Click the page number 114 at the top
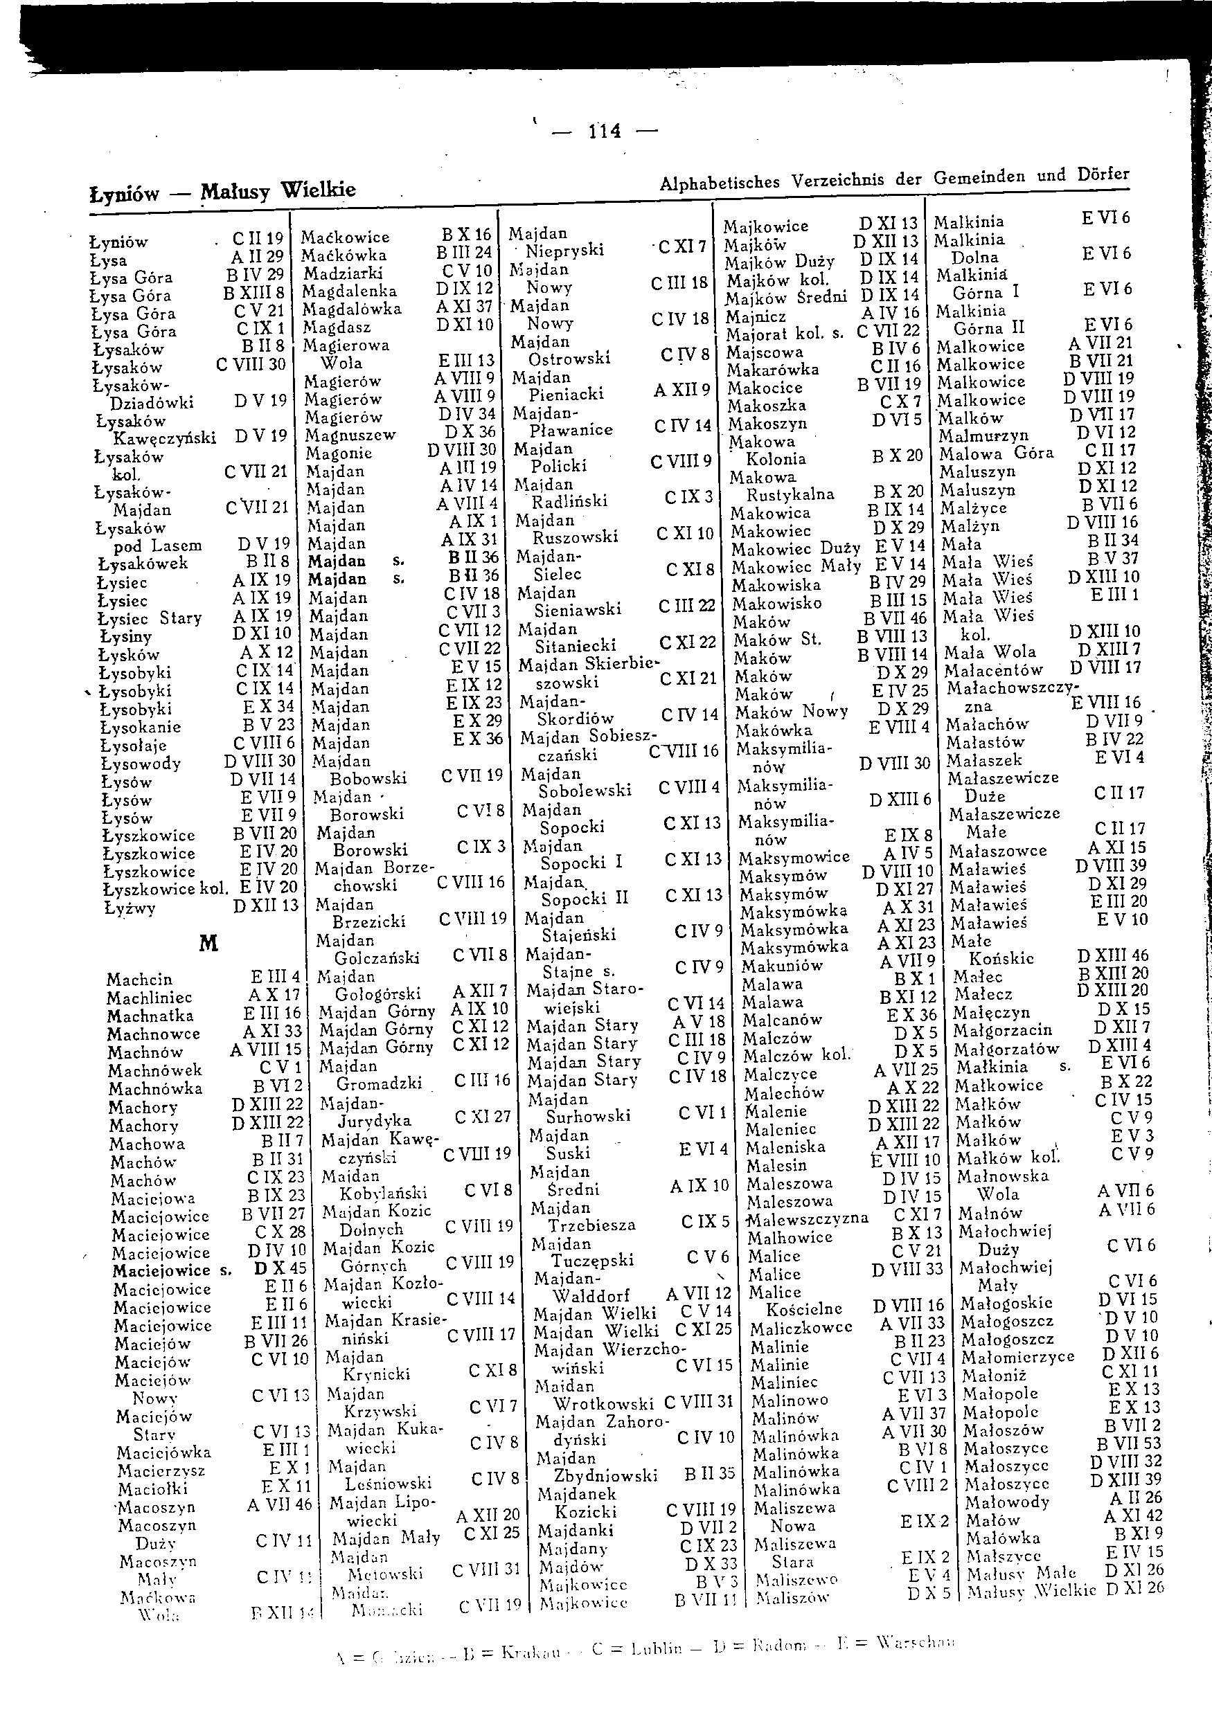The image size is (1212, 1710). tap(605, 132)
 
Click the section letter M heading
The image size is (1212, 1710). tap(208, 944)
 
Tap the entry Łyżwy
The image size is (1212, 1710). tap(130, 908)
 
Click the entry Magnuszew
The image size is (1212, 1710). tap(350, 435)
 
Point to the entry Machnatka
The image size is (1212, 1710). tap(150, 1016)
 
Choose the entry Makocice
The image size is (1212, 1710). tap(765, 388)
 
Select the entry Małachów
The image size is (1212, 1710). tap(987, 723)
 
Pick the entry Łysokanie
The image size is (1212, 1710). tap(141, 728)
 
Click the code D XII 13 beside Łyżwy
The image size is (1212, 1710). tap(266, 906)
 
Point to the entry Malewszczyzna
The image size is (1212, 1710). tap(808, 1218)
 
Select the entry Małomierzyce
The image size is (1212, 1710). tap(1017, 1357)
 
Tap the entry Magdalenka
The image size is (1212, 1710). tap(349, 291)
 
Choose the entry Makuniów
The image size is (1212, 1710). tap(781, 965)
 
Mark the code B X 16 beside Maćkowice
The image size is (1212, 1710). tap(466, 235)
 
